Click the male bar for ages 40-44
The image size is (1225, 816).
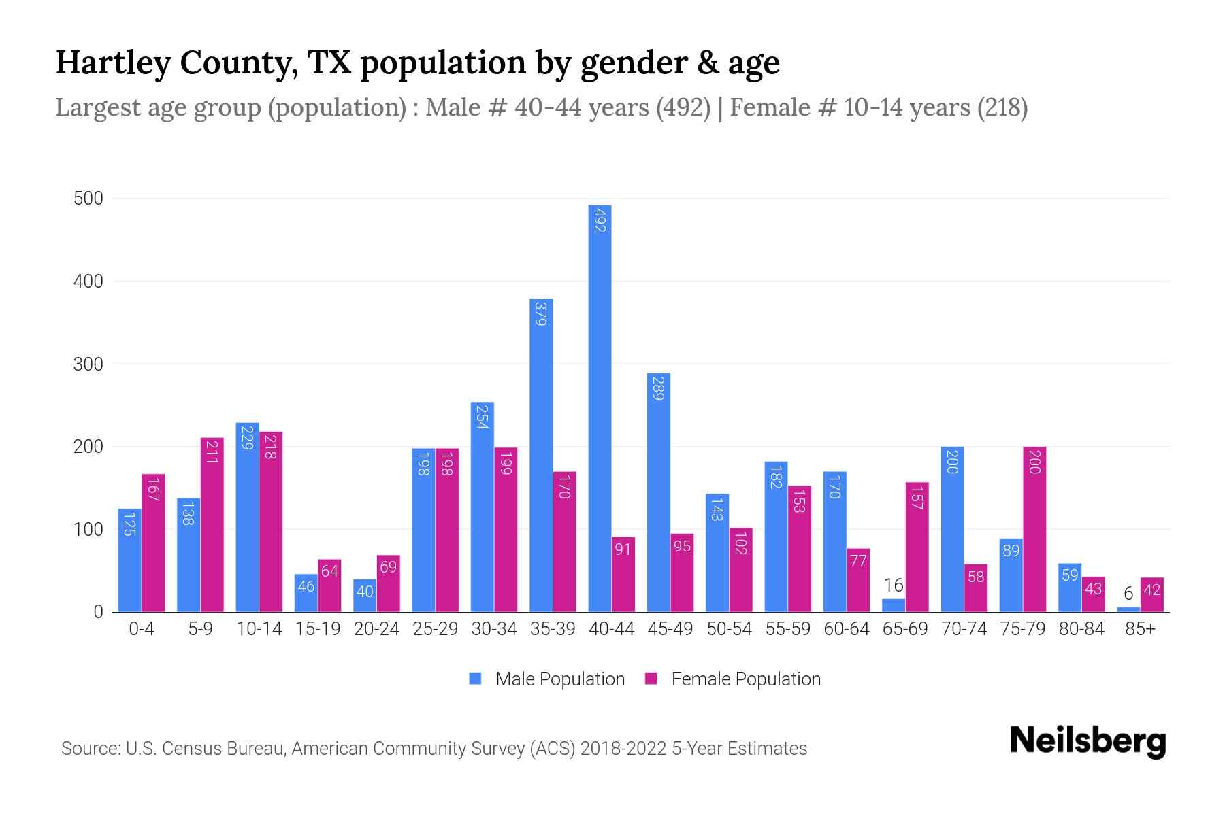[x=600, y=408]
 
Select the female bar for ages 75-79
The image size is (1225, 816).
[x=1034, y=530]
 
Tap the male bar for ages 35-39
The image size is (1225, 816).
[x=541, y=456]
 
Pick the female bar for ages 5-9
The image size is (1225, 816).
[x=212, y=525]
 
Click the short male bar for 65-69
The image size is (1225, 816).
[x=893, y=605]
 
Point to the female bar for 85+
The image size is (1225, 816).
[x=1151, y=595]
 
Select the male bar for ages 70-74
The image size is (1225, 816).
[x=952, y=530]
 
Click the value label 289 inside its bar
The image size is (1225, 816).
[x=658, y=388]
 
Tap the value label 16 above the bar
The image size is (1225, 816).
[x=893, y=585]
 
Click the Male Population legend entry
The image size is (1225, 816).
[x=547, y=679]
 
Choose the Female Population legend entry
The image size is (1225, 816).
[x=733, y=679]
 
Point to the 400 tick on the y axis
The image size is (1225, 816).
[x=88, y=282]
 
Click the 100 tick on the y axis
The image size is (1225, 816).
[x=88, y=530]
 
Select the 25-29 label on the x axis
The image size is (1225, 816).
[x=435, y=629]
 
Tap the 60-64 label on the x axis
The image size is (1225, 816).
[x=846, y=629]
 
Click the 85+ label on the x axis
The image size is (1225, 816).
[x=1140, y=629]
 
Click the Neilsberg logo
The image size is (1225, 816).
[x=1088, y=741]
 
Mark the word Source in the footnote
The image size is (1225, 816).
[x=90, y=749]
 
